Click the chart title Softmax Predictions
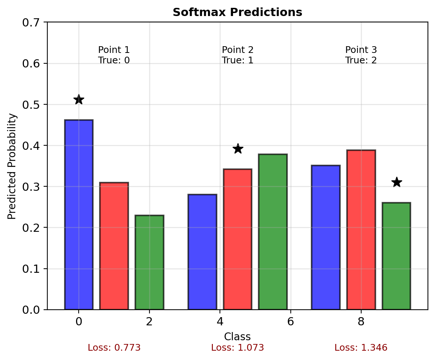[237, 12]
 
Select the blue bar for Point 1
[79, 215]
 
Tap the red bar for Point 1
[114, 246]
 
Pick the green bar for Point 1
[149, 262]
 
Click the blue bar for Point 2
[202, 252]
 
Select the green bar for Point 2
[273, 232]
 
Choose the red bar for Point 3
[361, 230]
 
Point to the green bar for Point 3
[396, 256]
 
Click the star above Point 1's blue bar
[79, 100]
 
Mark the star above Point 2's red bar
[238, 149]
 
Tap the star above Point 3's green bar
[397, 182]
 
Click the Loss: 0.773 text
[114, 348]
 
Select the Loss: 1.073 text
[237, 348]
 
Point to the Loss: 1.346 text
[361, 348]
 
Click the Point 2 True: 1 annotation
[237, 55]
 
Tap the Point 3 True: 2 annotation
[361, 55]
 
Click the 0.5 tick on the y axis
[32, 104]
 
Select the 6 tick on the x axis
[290, 321]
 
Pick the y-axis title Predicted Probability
[12, 166]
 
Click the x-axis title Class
[237, 337]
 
